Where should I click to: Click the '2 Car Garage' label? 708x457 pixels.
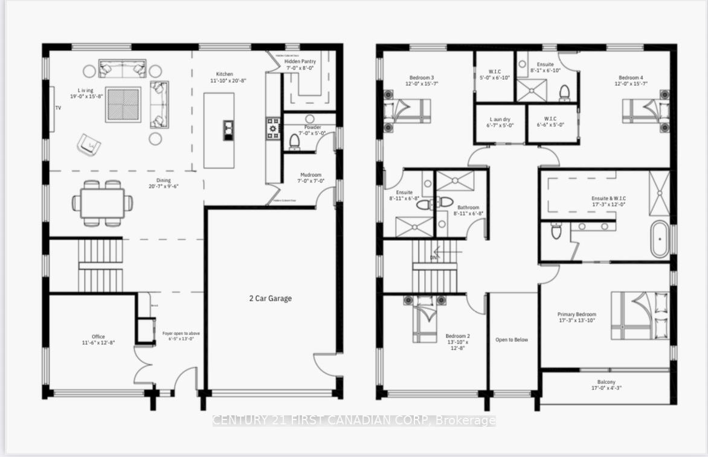[x=270, y=298]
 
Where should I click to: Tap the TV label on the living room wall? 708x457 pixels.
[x=59, y=108]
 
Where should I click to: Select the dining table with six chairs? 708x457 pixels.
[x=102, y=203]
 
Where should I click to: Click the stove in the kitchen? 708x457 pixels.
[x=273, y=128]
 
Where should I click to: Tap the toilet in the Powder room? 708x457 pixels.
[x=294, y=141]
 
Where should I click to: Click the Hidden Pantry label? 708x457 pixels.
[x=300, y=65]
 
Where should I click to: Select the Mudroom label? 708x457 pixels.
[x=311, y=177]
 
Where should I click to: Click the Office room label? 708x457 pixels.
[x=98, y=340]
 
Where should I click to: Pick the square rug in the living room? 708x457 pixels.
[x=123, y=104]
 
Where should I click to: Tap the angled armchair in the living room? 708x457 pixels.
[x=88, y=144]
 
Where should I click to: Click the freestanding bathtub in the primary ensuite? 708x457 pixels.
[x=659, y=238]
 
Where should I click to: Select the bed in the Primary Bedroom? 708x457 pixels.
[x=640, y=315]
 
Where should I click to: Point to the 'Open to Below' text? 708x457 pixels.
[x=512, y=340]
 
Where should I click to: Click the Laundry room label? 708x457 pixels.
[x=500, y=123]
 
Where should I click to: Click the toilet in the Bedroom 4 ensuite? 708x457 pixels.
[x=565, y=92]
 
